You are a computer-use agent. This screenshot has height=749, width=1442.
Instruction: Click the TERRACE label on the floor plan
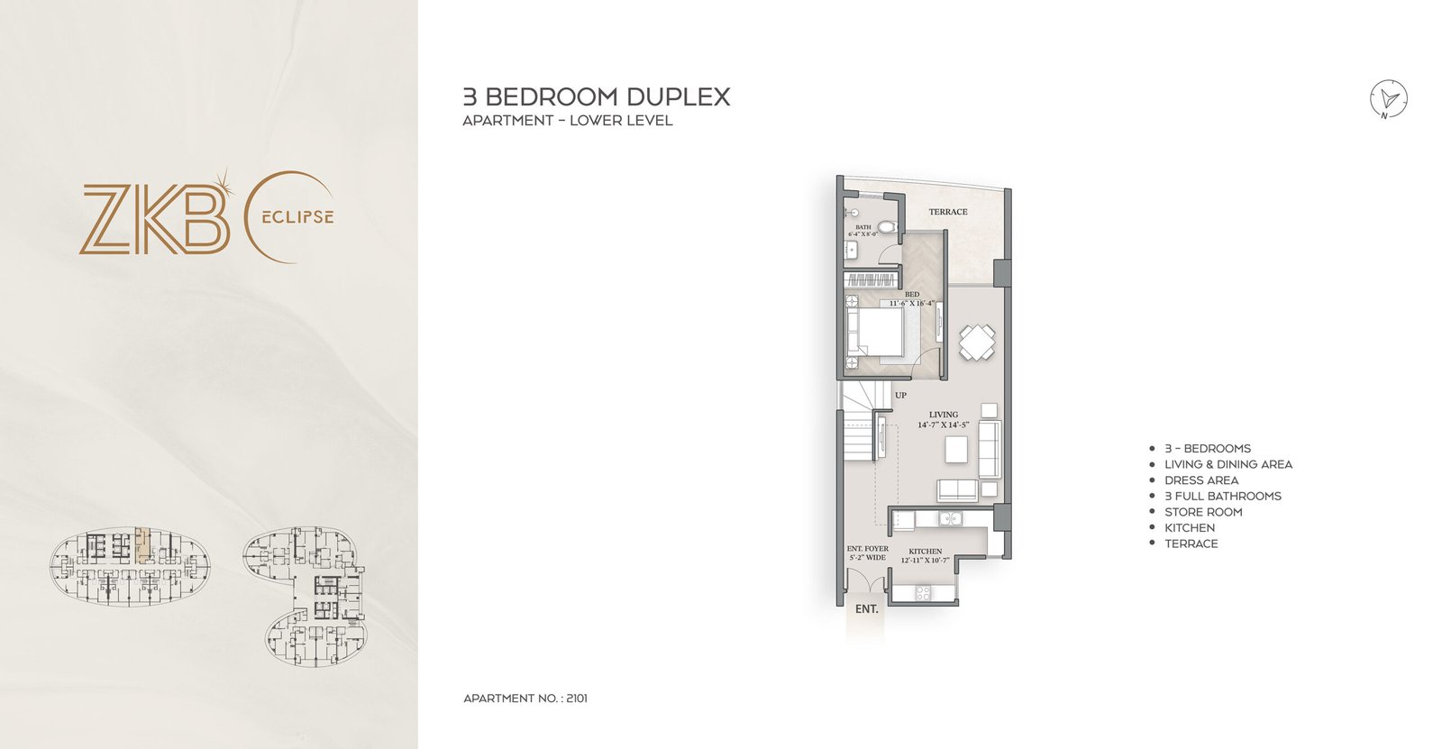(x=948, y=212)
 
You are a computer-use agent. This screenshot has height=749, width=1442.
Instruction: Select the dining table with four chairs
(x=977, y=343)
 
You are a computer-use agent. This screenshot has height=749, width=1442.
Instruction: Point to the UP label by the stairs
(x=900, y=395)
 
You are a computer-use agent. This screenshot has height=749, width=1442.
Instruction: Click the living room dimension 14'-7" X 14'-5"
(x=944, y=425)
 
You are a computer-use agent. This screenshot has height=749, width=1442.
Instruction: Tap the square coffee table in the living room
(x=957, y=449)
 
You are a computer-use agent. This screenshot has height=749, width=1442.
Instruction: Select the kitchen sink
(x=947, y=518)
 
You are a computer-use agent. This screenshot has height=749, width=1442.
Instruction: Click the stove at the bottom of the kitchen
(x=923, y=592)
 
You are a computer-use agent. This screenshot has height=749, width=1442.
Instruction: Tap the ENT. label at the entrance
(x=866, y=609)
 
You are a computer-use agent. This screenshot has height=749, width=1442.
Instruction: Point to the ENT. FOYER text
(x=867, y=548)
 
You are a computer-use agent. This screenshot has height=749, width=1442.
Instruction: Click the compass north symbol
(x=1389, y=99)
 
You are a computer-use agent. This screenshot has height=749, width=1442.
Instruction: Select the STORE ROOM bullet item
(x=1202, y=512)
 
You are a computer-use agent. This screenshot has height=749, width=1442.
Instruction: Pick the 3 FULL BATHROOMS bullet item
(x=1222, y=496)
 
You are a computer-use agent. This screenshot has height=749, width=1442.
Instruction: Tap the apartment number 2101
(x=577, y=699)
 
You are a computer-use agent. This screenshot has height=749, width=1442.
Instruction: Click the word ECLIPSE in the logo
(x=298, y=217)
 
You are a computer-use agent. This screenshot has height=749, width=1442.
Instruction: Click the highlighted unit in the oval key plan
(x=142, y=546)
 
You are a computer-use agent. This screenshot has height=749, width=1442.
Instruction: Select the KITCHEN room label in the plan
(x=925, y=551)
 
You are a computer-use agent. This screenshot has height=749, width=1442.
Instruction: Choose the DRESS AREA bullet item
(x=1200, y=480)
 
